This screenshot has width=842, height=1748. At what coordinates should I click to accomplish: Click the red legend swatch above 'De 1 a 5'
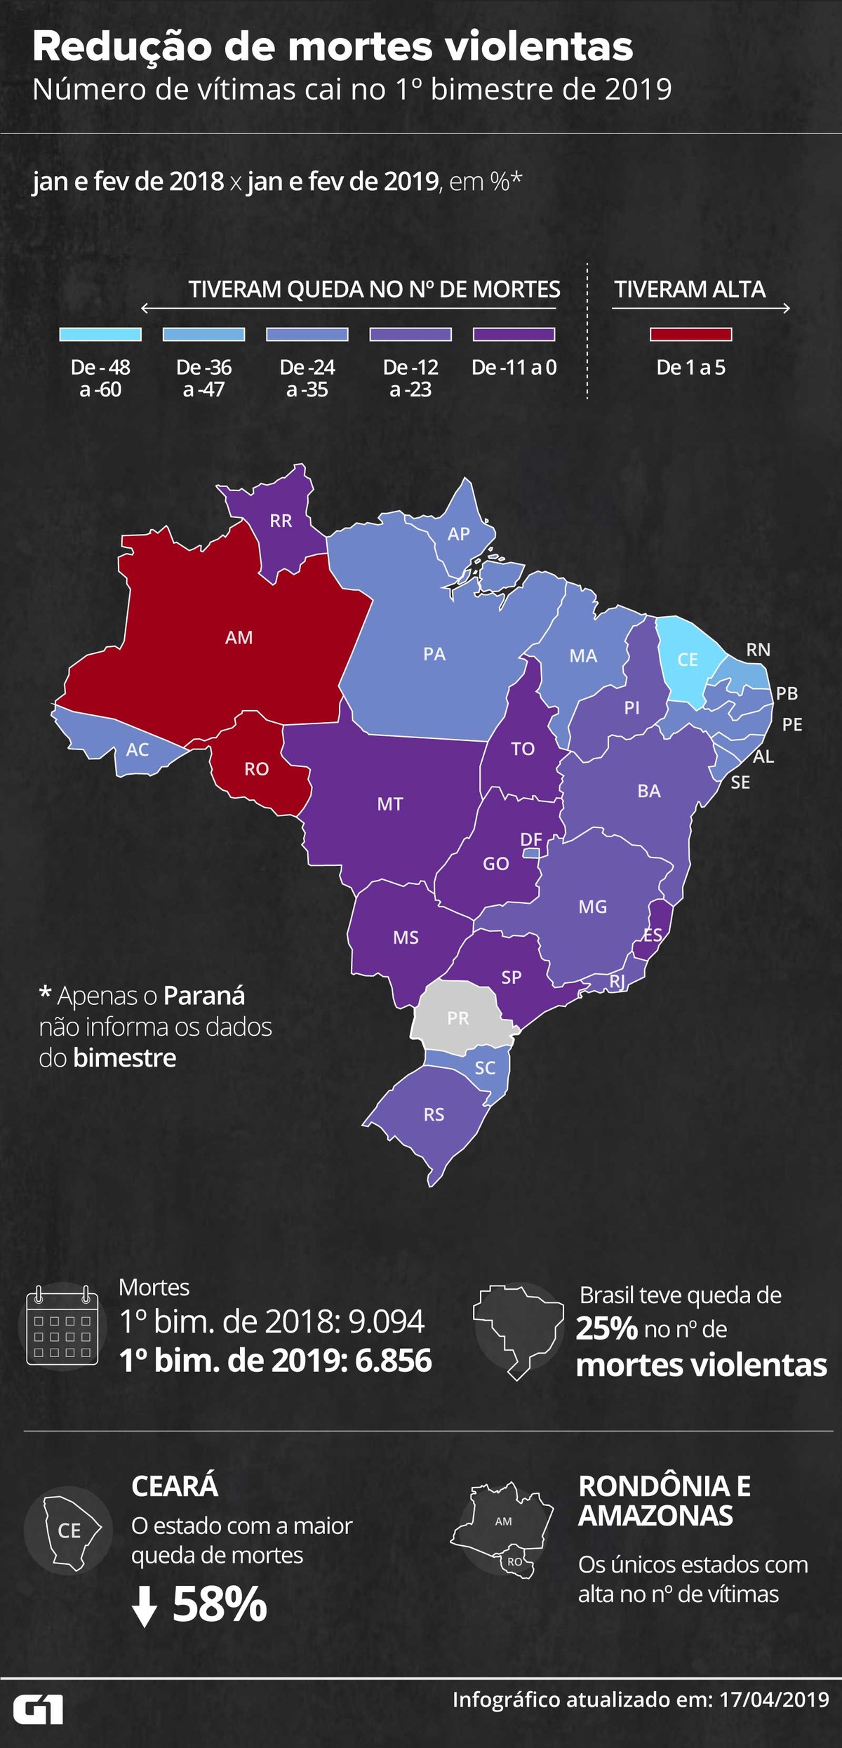tap(690, 334)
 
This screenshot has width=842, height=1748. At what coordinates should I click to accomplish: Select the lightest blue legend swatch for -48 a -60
tap(100, 334)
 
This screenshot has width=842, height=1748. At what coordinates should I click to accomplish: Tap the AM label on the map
tap(239, 638)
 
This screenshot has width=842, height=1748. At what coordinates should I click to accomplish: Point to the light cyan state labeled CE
tap(687, 660)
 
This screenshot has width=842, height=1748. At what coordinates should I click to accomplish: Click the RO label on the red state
tap(257, 769)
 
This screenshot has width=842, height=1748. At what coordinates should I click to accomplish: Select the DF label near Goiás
tap(531, 839)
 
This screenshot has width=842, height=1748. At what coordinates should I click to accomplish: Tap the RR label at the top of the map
tap(281, 521)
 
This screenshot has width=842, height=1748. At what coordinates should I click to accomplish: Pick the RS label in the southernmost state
tap(434, 1114)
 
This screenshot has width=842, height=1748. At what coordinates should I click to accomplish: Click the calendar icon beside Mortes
tap(62, 1325)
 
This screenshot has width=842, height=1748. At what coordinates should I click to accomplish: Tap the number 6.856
tap(393, 1360)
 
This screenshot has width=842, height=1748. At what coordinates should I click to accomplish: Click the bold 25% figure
tap(606, 1328)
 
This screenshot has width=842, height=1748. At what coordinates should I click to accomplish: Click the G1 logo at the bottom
tap(39, 1710)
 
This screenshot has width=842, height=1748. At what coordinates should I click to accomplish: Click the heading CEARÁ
tap(175, 1486)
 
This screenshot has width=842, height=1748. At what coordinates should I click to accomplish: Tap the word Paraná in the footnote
tap(204, 996)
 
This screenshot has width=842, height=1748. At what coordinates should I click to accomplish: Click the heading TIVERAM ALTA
tap(689, 289)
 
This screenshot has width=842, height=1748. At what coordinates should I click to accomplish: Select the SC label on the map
tap(485, 1067)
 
